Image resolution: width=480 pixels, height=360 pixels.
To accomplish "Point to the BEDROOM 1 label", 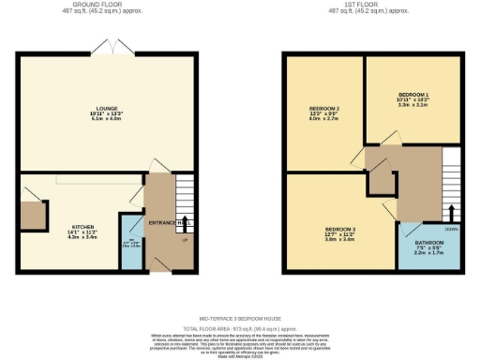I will tap(412, 96).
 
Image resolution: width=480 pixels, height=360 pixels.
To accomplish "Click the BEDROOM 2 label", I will tap(324, 109).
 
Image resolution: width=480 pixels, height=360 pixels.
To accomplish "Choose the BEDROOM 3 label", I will tap(339, 228).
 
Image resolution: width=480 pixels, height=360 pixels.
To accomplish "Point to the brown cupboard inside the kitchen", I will tap(36, 216).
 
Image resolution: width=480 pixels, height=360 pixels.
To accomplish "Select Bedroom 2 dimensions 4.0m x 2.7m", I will tap(324, 120).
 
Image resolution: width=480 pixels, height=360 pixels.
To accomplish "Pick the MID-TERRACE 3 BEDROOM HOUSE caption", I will tap(240, 320).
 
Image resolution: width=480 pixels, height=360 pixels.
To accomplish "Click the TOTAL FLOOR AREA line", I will tap(240, 328).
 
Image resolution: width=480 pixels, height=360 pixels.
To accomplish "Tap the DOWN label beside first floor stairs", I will tap(451, 228).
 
